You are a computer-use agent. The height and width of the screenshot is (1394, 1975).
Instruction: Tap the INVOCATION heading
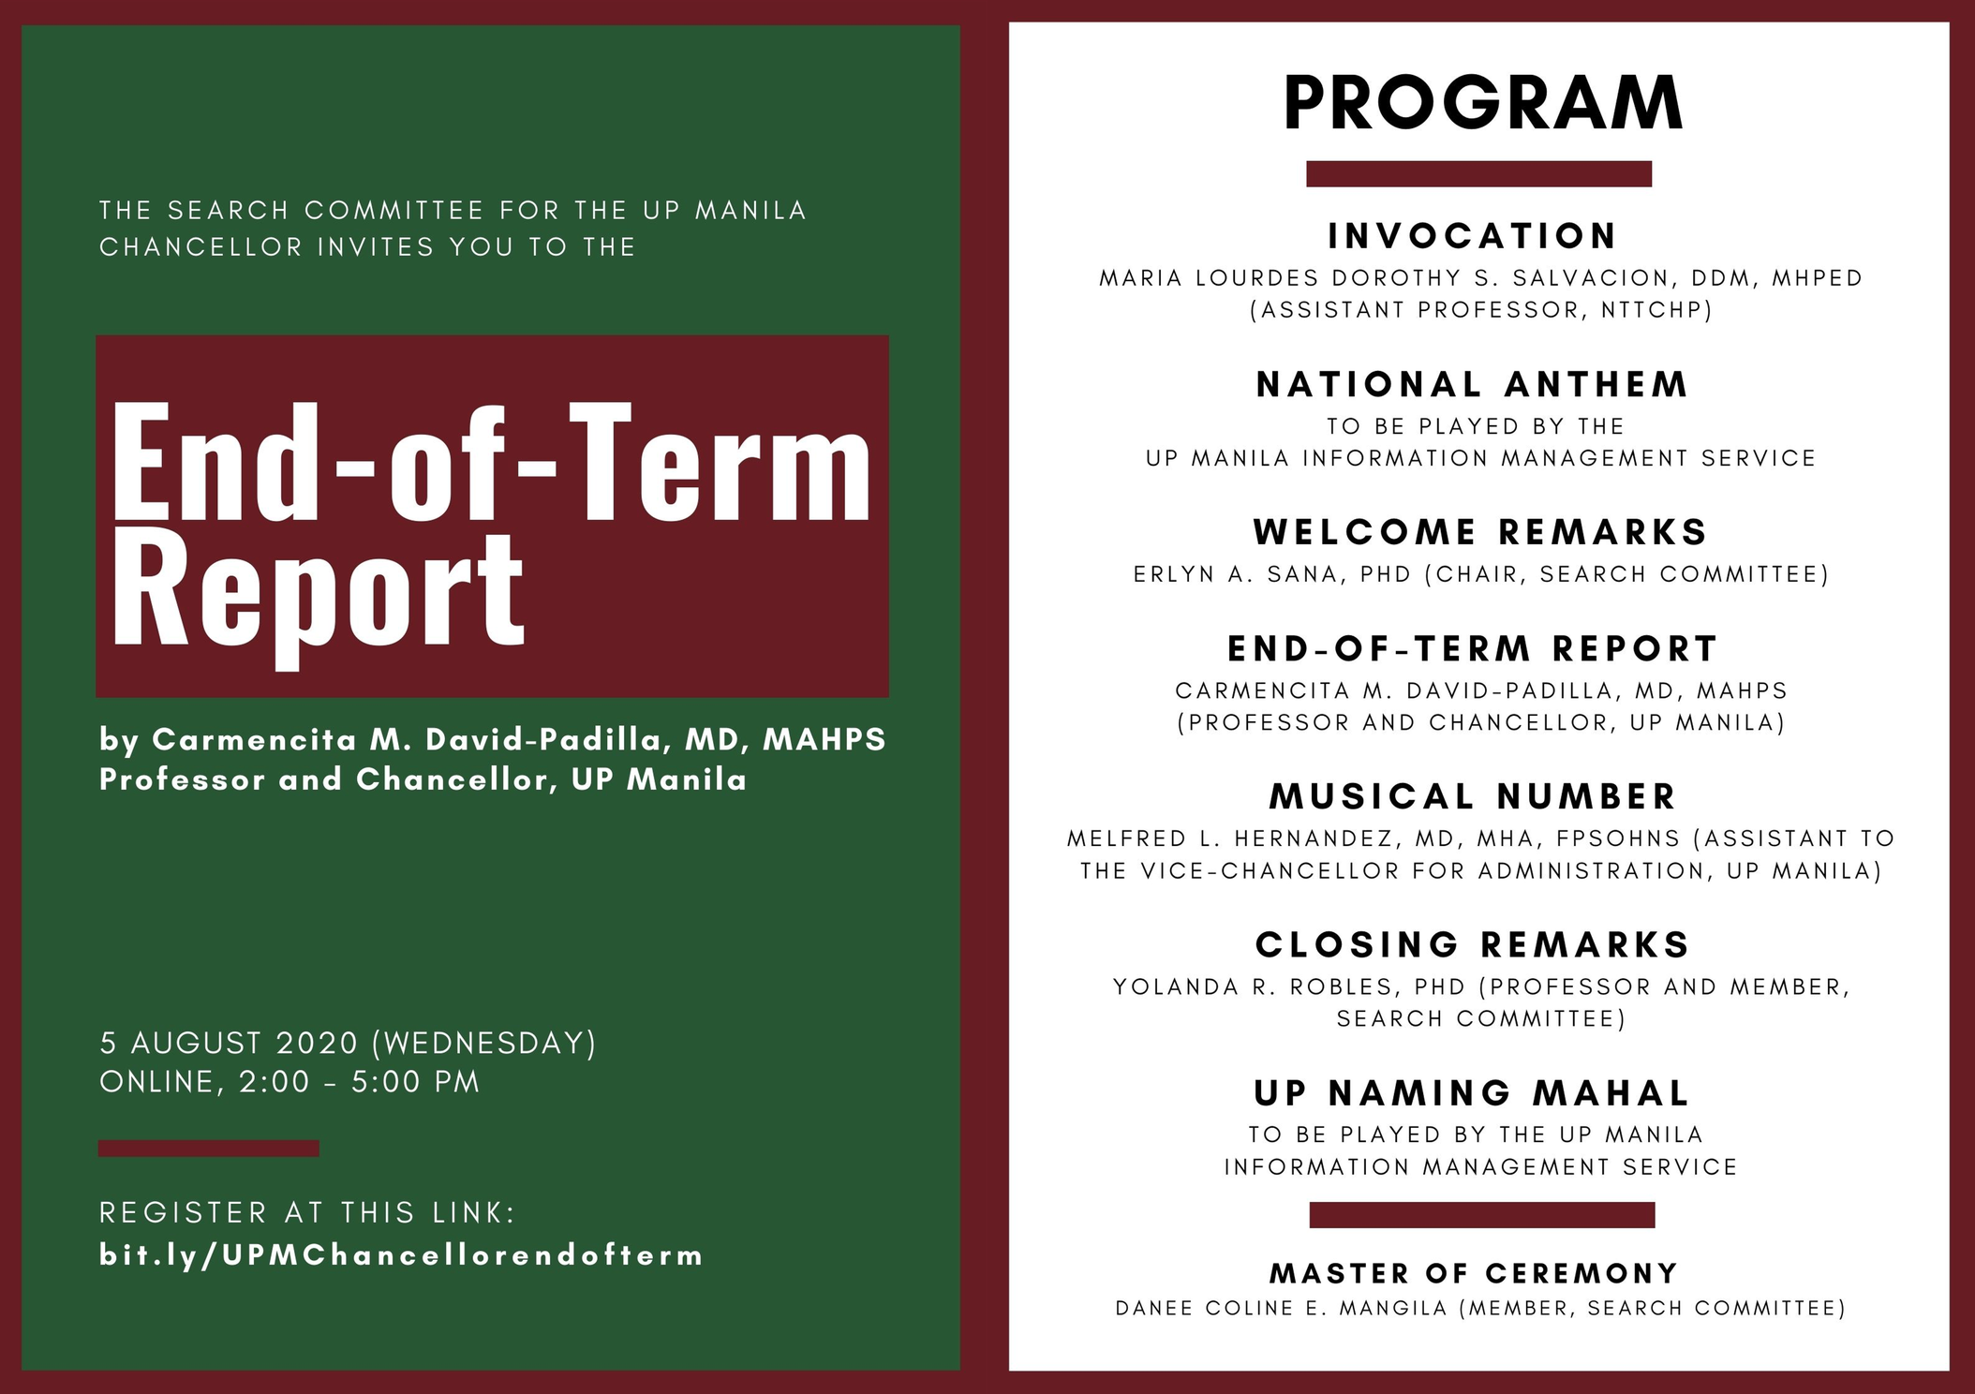[1473, 236]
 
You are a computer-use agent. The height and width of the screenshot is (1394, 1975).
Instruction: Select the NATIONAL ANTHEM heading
[1473, 384]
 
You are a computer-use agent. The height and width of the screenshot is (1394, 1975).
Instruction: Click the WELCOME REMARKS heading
[1480, 532]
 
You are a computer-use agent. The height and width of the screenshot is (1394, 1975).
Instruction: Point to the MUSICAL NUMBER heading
[1473, 796]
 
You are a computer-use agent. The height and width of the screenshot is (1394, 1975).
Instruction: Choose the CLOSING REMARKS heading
[1473, 944]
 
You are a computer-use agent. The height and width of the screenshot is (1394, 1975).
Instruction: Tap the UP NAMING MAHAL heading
[1472, 1092]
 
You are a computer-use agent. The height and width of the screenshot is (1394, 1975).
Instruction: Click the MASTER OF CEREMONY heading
[1474, 1273]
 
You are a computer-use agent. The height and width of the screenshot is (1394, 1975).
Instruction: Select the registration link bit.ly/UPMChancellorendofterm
[401, 1255]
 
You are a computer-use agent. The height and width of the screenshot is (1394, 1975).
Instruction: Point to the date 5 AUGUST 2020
[230, 1043]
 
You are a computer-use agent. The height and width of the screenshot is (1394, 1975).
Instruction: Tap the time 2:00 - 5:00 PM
[360, 1082]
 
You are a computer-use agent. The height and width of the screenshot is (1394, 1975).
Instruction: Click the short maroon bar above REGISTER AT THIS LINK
[209, 1149]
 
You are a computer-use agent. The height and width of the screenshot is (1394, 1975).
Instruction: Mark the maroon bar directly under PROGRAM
[1478, 174]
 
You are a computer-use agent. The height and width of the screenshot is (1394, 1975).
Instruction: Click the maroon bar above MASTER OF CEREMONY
[1482, 1215]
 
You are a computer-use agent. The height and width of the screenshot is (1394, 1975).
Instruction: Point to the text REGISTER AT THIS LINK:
[308, 1212]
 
